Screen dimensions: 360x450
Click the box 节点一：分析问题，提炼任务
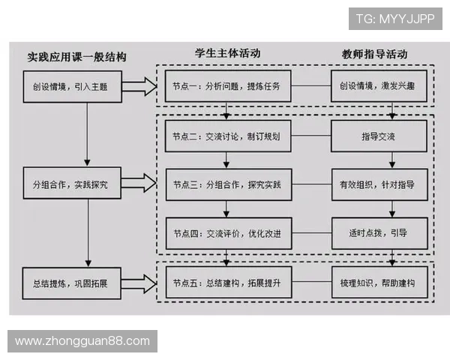pyautogui.click(x=224, y=87)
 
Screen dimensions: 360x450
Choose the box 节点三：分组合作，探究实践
pyautogui.click(x=224, y=184)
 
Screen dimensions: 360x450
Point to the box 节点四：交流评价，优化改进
pyautogui.click(x=224, y=233)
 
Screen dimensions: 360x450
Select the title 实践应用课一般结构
pyautogui.click(x=77, y=57)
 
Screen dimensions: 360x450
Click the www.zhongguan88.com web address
pyautogui.click(x=82, y=340)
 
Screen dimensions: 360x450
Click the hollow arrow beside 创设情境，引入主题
pyautogui.click(x=137, y=87)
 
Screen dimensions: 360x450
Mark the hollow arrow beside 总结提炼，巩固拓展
pyautogui.click(x=137, y=283)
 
